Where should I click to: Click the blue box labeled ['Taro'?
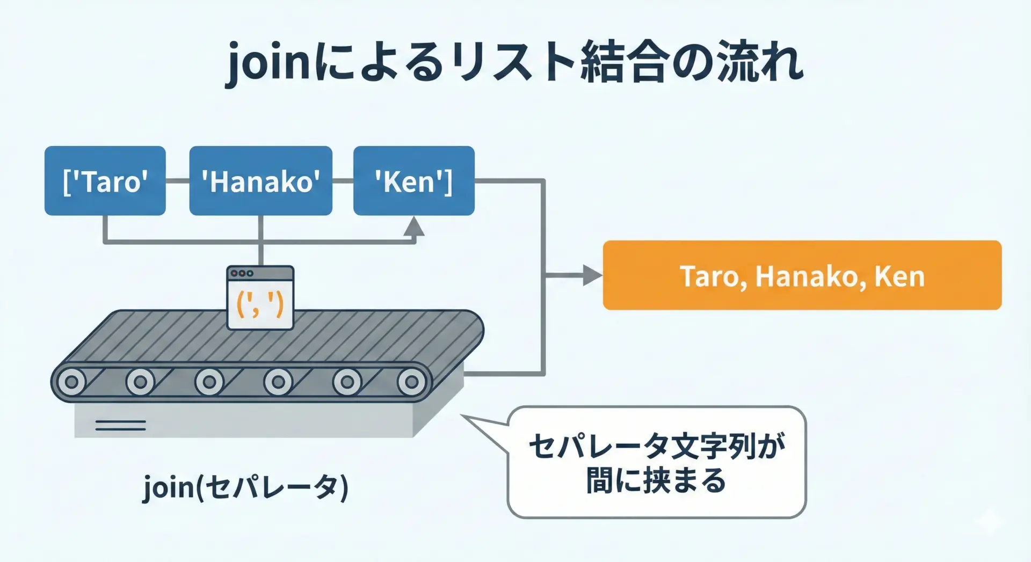(x=105, y=181)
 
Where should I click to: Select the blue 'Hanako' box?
(x=261, y=181)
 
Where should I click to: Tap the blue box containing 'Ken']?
(x=414, y=181)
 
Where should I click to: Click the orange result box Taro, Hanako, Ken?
(x=802, y=275)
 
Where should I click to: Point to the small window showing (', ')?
(x=260, y=298)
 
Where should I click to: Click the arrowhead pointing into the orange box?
(x=593, y=275)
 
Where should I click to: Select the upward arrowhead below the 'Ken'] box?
(x=414, y=226)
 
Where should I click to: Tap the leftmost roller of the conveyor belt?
(x=71, y=383)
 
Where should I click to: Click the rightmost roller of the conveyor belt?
(x=411, y=383)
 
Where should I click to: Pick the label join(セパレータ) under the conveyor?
(x=246, y=487)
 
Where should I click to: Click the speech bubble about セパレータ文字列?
(x=656, y=462)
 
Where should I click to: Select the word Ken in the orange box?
(x=899, y=276)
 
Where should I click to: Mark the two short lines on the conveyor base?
(x=120, y=426)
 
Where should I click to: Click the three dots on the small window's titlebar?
(x=242, y=273)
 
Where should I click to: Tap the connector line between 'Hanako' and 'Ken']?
(x=343, y=181)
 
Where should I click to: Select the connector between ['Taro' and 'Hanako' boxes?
(x=178, y=181)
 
